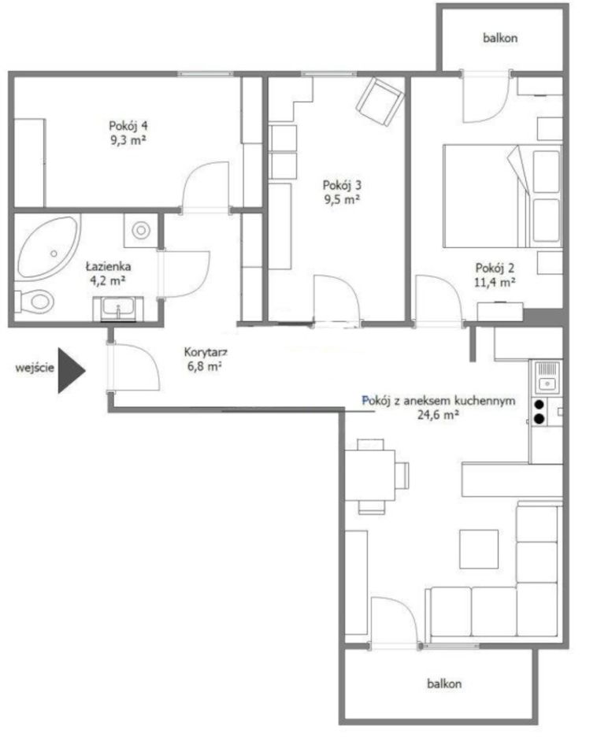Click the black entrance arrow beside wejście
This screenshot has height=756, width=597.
70,370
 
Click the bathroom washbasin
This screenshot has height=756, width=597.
118,308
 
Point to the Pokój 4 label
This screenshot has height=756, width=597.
128,126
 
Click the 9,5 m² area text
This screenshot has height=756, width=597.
343,199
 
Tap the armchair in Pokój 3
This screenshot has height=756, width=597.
380,102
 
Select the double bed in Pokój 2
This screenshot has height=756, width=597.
502,196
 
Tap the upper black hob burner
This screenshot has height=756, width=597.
540,405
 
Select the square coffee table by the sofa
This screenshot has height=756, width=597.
479,549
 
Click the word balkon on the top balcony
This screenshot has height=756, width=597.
500,38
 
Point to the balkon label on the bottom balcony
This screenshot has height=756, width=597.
444,684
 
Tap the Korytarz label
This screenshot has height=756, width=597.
206,353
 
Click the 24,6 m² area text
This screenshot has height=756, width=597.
438,415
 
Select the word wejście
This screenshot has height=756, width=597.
35,369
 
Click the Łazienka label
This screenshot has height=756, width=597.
109,266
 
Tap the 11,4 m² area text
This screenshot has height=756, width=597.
495,282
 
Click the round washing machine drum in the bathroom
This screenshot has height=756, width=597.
141,230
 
